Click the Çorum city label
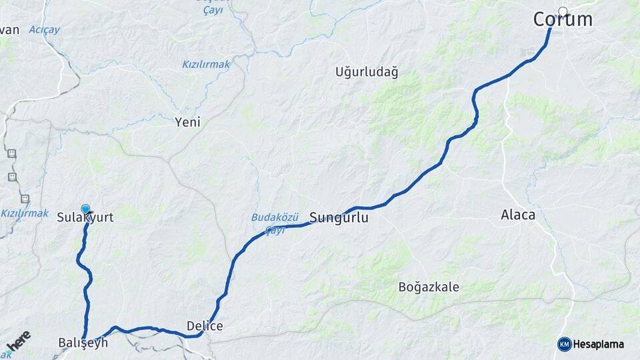[x=563, y=20]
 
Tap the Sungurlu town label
[x=339, y=218]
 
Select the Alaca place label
[x=518, y=215]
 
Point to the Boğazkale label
[x=429, y=287]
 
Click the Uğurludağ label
[x=367, y=72]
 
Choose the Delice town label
[x=205, y=326]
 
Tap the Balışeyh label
[x=83, y=343]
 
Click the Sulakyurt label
[x=85, y=218]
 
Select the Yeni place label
[x=187, y=122]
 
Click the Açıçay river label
[x=44, y=30]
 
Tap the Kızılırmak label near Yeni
[x=206, y=65]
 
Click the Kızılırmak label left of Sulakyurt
[x=25, y=213]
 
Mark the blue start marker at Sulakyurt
[x=85, y=209]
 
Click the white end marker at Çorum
[x=563, y=11]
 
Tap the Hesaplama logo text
[x=599, y=344]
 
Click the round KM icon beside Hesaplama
[x=565, y=344]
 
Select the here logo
[x=18, y=341]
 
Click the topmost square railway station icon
[x=11, y=153]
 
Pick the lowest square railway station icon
[x=25, y=199]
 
